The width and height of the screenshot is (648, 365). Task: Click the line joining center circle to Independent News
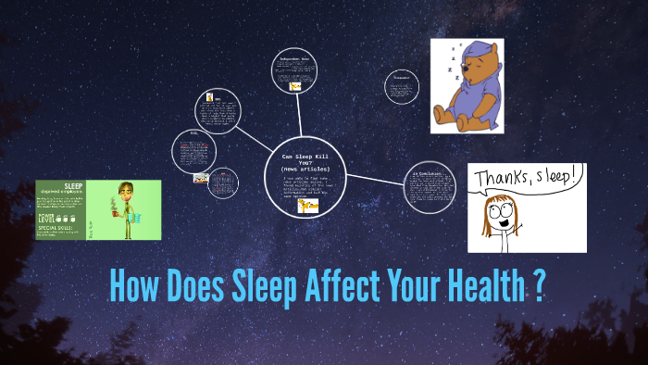click(302, 118)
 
